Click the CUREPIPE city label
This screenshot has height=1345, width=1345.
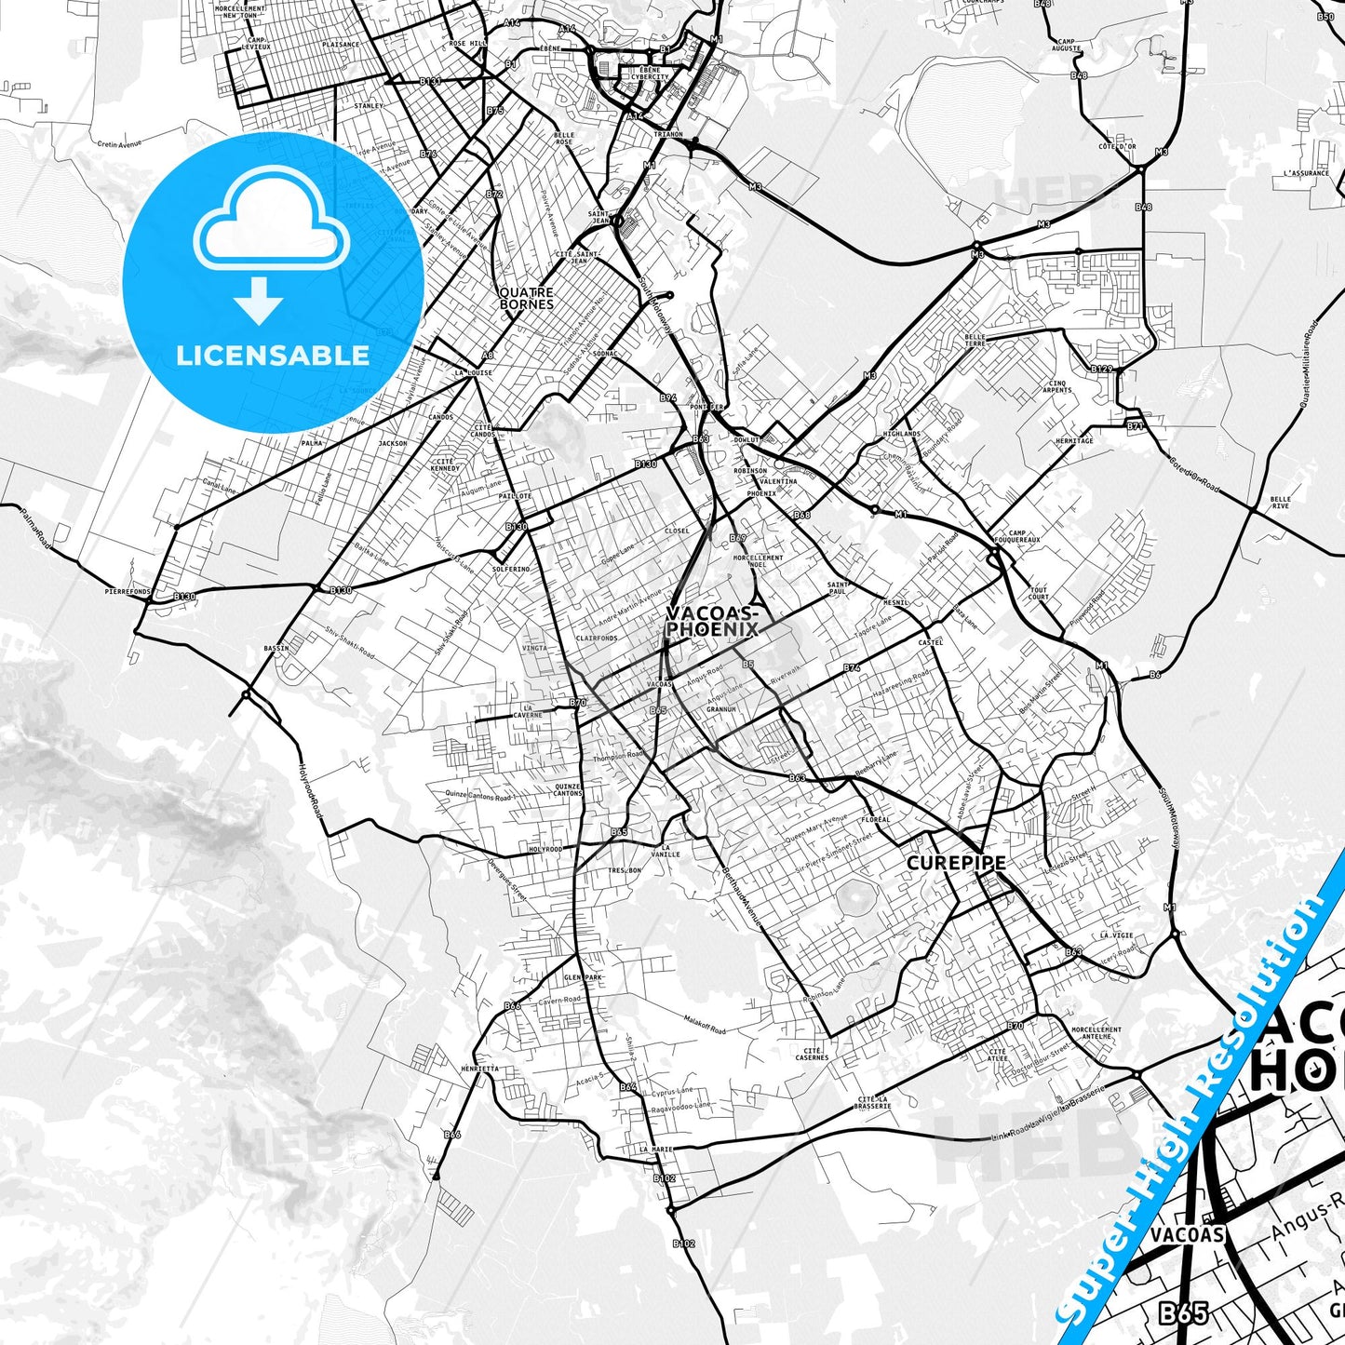[956, 863]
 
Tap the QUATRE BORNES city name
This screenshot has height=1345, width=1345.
[527, 298]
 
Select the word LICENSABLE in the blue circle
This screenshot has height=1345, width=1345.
[273, 355]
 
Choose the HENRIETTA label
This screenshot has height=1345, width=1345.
[479, 1069]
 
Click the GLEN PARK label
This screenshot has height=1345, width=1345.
[584, 977]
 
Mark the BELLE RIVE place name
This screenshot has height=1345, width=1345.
[1280, 503]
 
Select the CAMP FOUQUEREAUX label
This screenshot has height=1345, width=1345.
[1016, 536]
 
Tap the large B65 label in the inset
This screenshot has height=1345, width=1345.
[1183, 1312]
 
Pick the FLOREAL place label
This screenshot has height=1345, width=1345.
[876, 820]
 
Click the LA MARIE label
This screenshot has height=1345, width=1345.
[656, 1150]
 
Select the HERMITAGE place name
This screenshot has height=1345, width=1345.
[1074, 441]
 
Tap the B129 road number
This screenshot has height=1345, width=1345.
[1102, 369]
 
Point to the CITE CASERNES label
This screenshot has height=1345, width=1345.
[812, 1054]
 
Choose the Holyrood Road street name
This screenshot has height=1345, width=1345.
[310, 790]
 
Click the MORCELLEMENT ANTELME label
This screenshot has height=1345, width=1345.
[1096, 1033]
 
